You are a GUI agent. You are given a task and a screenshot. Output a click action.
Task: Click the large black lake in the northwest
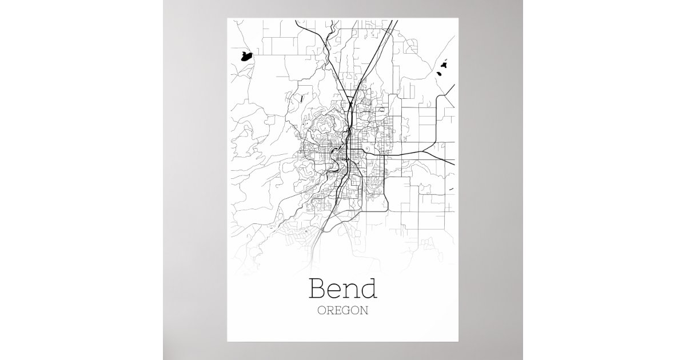point(246,56)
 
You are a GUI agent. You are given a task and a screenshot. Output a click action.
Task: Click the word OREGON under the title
point(342,311)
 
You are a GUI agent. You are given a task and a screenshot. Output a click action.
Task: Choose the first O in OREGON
point(321,311)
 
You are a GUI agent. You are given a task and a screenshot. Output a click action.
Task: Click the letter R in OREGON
point(330,311)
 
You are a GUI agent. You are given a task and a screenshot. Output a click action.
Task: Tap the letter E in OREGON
point(338,311)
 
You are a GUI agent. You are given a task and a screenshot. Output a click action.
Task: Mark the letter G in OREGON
point(346,311)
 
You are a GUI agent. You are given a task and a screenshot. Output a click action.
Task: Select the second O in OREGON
point(356,311)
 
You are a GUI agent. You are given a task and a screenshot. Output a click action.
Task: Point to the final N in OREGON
point(365,311)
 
